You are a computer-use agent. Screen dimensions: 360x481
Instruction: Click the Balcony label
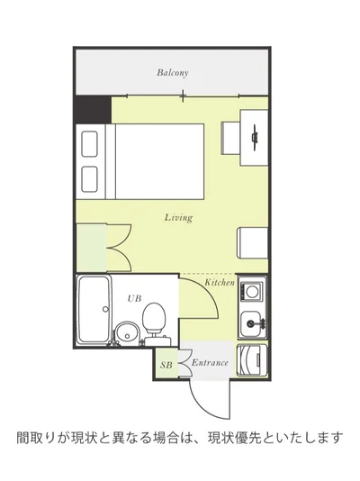(173, 73)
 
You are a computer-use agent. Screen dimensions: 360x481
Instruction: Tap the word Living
(178, 217)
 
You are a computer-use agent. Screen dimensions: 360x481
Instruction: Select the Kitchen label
(220, 282)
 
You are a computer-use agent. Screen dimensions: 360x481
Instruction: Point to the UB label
(134, 298)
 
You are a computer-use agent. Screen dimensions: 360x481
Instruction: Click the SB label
(166, 365)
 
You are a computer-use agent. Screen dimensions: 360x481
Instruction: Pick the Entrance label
(210, 363)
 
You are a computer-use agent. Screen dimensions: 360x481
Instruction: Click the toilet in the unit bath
(155, 323)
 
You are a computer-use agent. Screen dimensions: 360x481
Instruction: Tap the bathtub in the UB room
(94, 310)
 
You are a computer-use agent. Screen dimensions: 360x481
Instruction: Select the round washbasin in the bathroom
(128, 334)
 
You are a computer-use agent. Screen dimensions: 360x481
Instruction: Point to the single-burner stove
(252, 291)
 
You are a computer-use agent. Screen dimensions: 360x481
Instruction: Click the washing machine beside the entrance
(252, 360)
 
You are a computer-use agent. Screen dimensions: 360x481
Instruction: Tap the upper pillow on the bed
(90, 143)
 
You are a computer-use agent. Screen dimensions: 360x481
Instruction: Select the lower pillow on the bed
(90, 179)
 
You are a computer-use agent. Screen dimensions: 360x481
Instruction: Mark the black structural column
(93, 110)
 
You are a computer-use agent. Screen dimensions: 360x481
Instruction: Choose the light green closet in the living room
(91, 248)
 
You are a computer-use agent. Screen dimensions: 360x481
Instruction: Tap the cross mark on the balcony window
(183, 95)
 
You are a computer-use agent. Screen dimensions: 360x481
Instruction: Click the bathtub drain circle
(105, 309)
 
